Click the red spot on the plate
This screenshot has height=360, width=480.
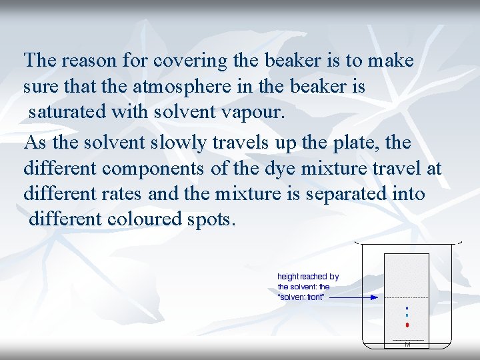coord(407,325)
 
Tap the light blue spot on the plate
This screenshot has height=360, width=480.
coord(407,315)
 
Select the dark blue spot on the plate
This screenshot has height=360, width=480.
coord(407,308)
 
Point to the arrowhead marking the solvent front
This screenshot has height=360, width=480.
coord(375,297)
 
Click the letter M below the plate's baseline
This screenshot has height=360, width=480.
coord(407,345)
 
